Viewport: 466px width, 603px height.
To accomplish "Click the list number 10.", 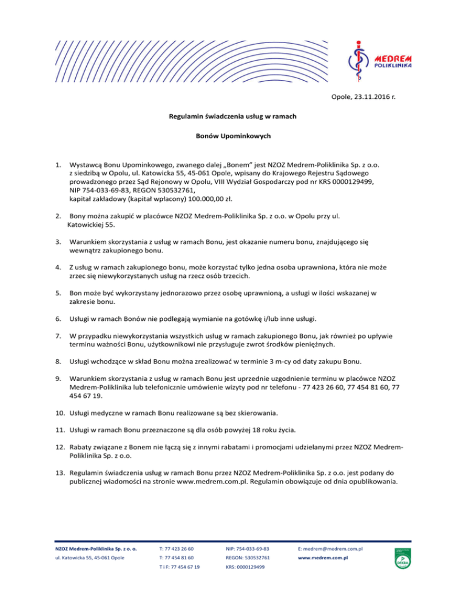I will click(59, 414).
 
